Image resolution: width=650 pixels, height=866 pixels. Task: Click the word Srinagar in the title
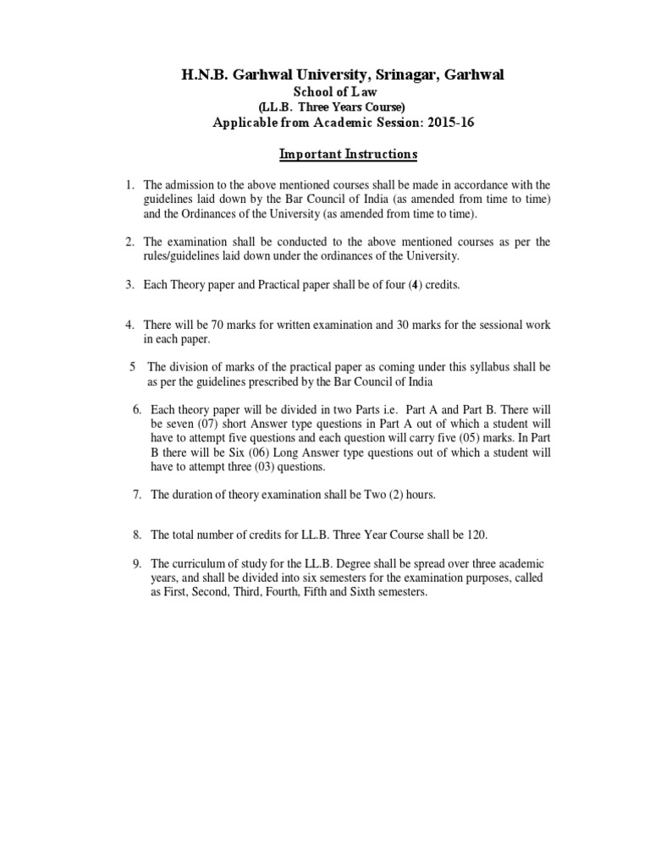pyautogui.click(x=399, y=76)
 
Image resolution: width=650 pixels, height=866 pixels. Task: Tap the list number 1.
pyautogui.click(x=129, y=184)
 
